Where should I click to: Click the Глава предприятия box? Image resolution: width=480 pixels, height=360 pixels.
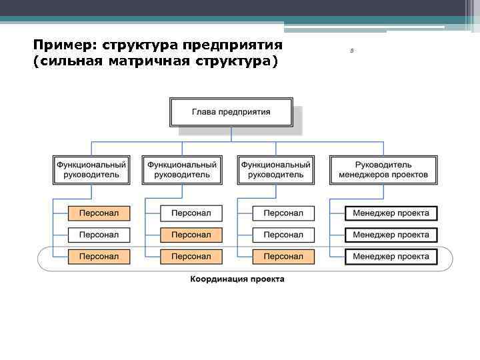(231, 112)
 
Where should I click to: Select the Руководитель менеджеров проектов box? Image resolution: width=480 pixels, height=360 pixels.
(383, 169)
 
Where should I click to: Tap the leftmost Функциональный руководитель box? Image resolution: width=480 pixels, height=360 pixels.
(91, 169)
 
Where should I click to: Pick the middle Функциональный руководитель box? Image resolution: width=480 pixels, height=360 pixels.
(182, 169)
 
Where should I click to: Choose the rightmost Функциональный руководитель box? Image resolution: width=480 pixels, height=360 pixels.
(275, 169)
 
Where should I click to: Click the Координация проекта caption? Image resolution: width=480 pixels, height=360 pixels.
(237, 279)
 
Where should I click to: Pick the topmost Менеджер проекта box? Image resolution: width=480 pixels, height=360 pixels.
(391, 213)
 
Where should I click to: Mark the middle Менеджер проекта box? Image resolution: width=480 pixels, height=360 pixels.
(391, 235)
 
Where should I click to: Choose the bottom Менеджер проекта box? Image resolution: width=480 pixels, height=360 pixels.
(391, 256)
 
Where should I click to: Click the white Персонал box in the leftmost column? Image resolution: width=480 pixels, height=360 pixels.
(99, 235)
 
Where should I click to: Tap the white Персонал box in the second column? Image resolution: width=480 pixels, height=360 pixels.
(191, 213)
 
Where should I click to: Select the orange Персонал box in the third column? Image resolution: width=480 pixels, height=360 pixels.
(283, 256)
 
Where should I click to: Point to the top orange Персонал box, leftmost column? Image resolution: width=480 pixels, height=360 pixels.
(99, 213)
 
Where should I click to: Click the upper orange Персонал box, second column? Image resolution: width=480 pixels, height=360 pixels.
(191, 235)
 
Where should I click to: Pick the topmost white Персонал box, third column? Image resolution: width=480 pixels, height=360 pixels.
(283, 213)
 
